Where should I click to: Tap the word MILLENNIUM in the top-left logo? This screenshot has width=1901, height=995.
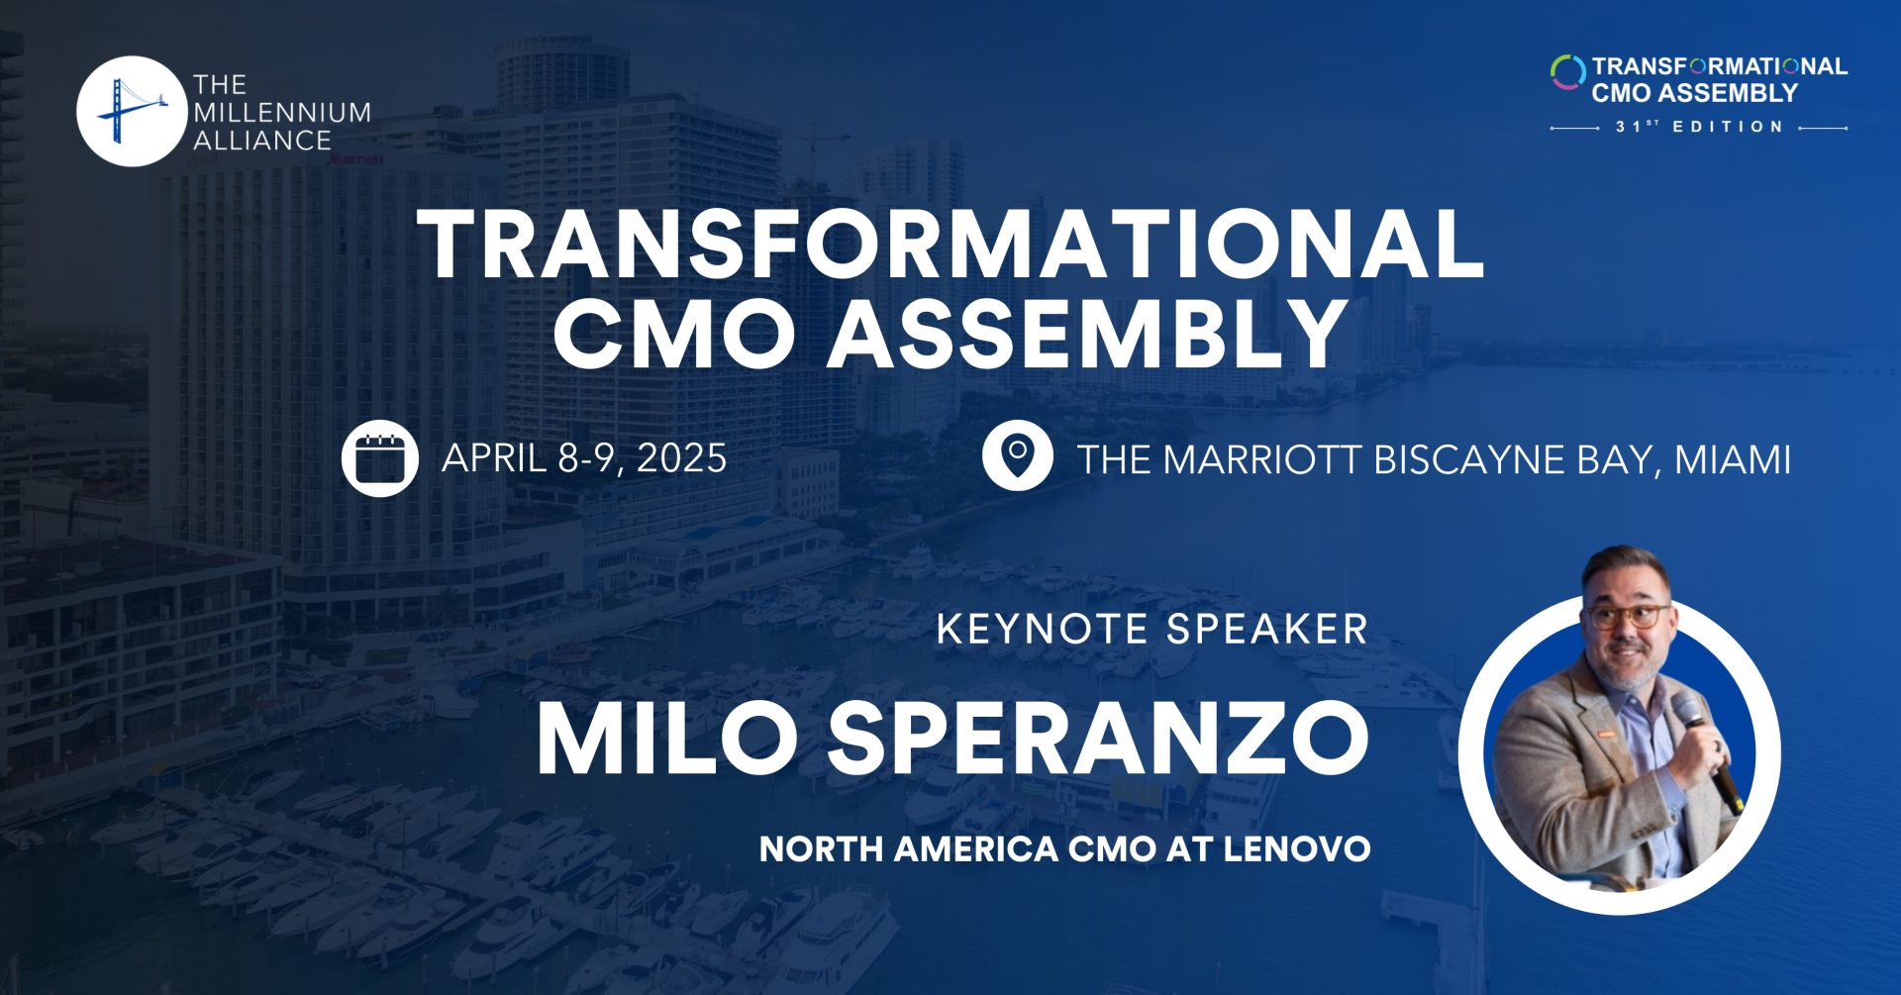pos(282,113)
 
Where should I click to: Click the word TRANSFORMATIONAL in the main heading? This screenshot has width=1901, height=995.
pos(950,246)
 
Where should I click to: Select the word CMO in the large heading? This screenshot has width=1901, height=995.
pos(673,334)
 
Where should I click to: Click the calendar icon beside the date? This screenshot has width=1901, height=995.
pos(379,458)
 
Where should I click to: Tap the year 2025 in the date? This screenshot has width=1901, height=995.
pos(682,458)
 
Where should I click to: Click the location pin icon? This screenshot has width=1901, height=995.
pos(1017,456)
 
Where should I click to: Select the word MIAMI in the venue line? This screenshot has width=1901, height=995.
pos(1733,460)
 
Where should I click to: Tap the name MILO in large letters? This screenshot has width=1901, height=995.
pos(666,740)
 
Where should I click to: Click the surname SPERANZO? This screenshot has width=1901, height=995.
pos(1099,740)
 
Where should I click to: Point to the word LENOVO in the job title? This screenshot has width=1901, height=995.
pos(1297,849)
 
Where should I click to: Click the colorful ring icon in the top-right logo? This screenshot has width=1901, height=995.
pos(1567,72)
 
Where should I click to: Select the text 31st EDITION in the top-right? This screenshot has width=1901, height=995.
pos(1699,127)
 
